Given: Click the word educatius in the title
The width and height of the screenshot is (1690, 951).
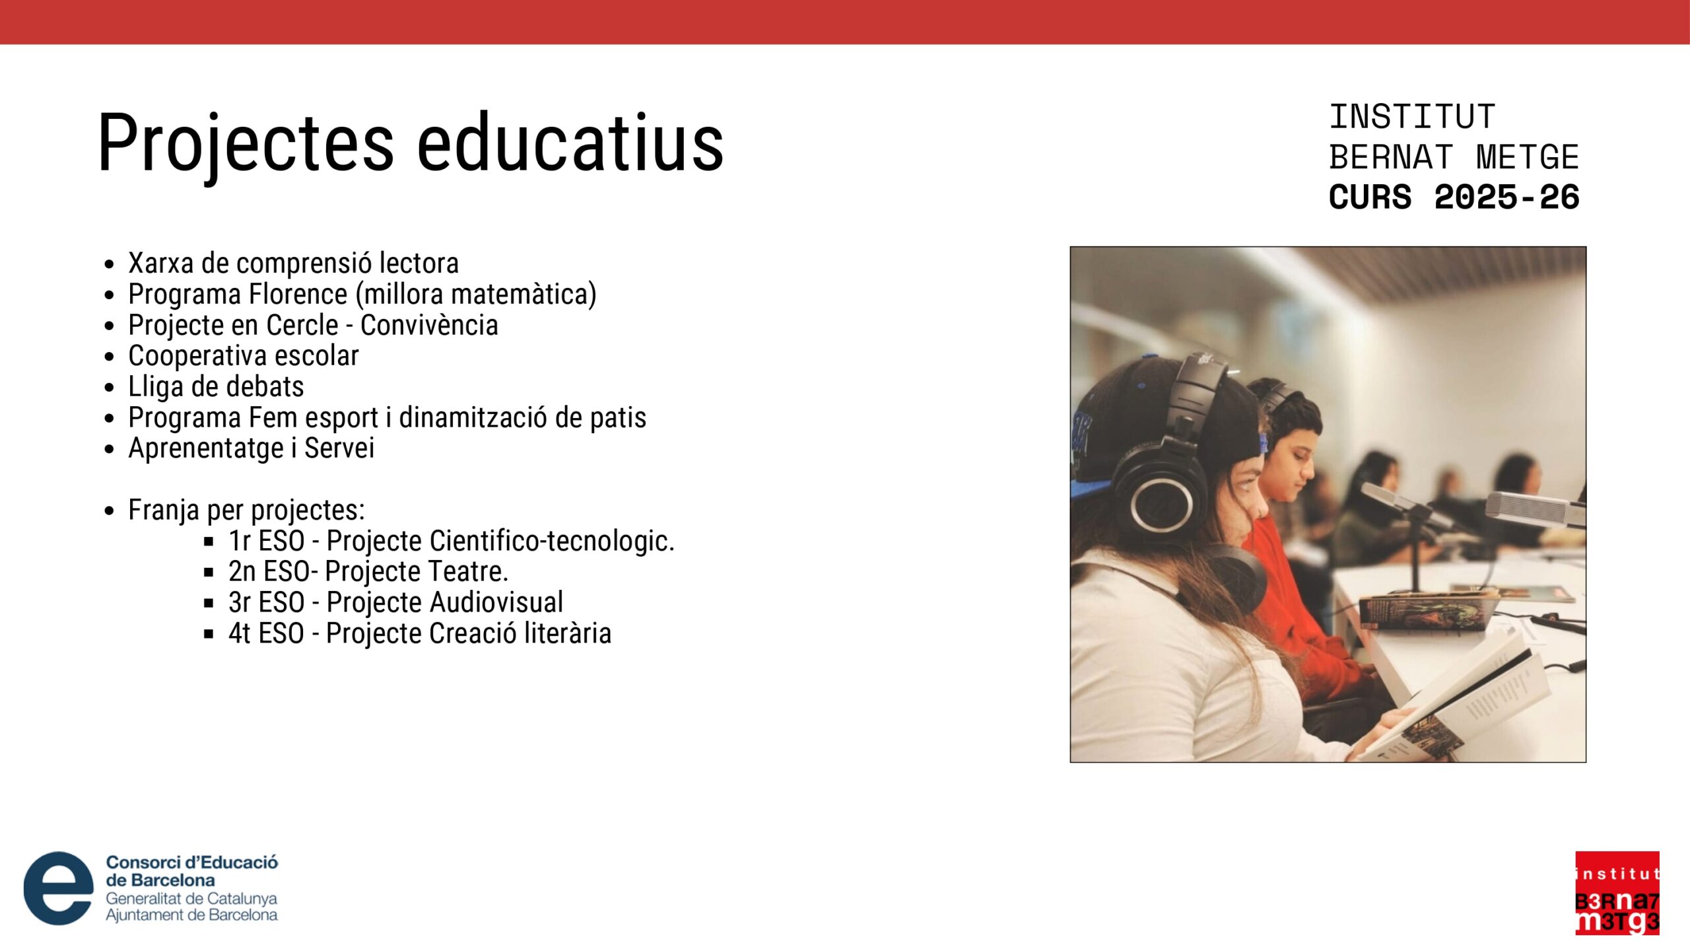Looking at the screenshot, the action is [570, 141].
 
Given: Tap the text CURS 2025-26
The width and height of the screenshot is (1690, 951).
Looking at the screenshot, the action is [1454, 197].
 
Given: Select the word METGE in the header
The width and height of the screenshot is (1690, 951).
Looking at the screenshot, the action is [1527, 157].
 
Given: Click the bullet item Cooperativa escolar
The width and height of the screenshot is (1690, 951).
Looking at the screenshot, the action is [244, 356].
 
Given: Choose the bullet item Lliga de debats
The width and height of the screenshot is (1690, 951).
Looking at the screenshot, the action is [216, 387].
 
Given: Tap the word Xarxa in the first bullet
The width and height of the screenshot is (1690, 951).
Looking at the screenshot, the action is [161, 264].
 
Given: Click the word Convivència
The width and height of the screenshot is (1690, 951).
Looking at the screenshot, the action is [429, 325].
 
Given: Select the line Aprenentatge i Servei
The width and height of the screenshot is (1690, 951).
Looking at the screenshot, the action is [251, 448].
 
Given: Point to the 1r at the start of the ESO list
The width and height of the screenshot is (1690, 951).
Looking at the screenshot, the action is [240, 541].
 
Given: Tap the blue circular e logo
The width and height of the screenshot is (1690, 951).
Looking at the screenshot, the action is [58, 888].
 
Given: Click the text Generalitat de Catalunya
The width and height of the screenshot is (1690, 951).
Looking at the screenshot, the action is [191, 899].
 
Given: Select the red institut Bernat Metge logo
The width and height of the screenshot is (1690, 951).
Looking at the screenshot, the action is [1617, 893].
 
